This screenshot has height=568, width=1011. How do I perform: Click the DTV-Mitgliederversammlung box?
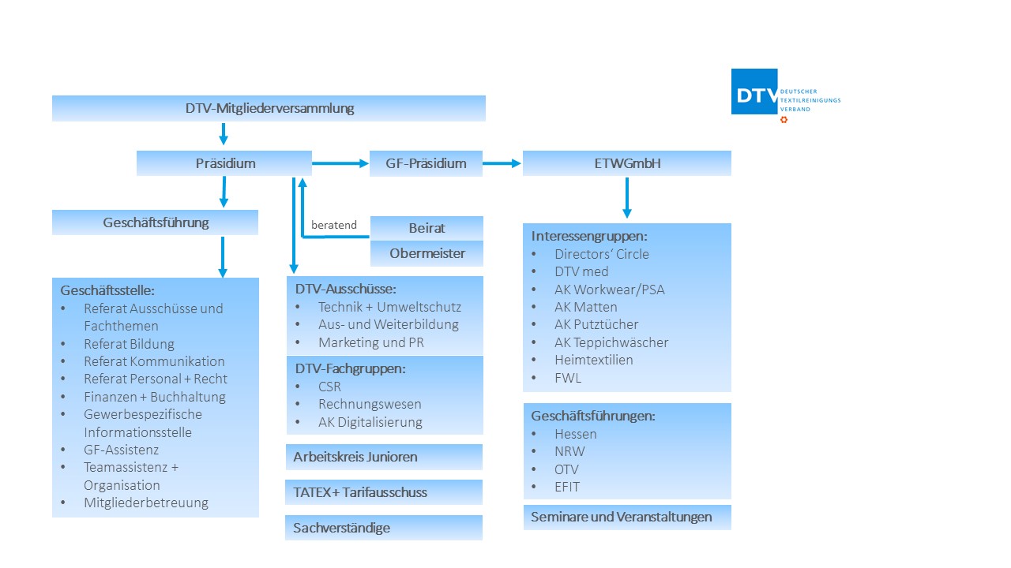tap(269, 108)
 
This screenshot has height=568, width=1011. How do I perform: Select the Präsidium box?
tap(225, 163)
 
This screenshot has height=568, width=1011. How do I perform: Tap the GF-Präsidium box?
tap(426, 163)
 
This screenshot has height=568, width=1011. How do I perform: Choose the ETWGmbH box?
tap(626, 163)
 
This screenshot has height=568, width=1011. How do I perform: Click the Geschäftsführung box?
tap(156, 222)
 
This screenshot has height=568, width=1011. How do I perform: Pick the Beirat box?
tap(427, 228)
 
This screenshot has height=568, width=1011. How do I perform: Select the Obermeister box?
tap(427, 253)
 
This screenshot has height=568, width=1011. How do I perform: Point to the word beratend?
tap(334, 225)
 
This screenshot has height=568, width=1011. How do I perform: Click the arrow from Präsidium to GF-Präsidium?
tap(340, 164)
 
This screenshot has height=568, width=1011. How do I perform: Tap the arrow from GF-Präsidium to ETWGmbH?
tap(502, 164)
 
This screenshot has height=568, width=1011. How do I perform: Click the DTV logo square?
tap(754, 92)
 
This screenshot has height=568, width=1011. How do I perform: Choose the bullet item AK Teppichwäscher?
tap(611, 342)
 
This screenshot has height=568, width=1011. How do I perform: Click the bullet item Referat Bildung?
tap(129, 344)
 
